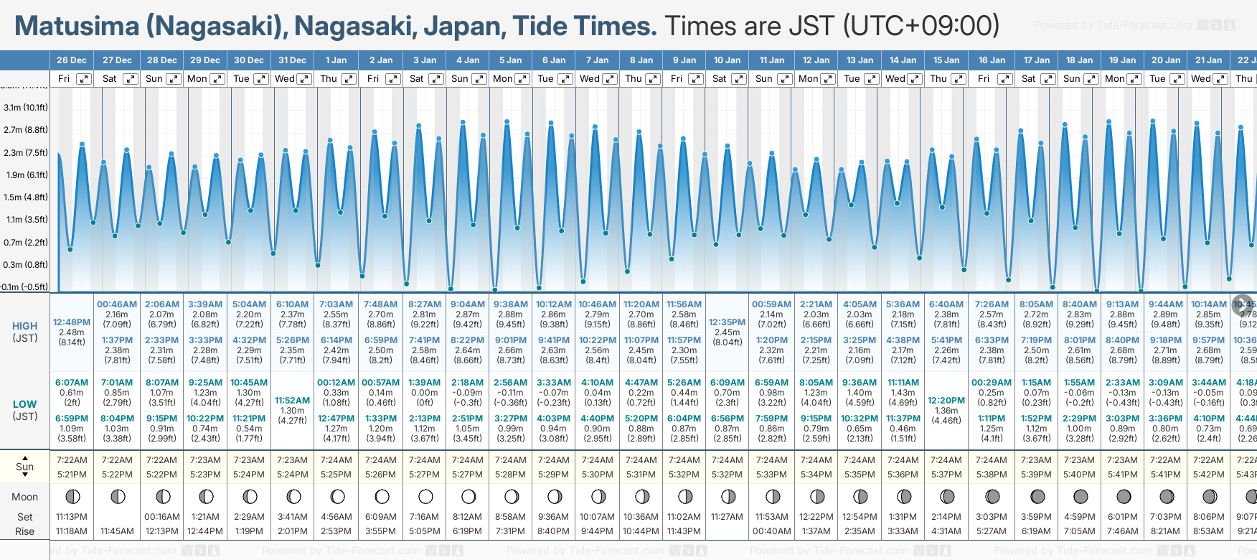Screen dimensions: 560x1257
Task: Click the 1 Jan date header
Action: [x=336, y=60]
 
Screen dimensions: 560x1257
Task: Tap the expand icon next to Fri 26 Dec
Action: [x=84, y=79]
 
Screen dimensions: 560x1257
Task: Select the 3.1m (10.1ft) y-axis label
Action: [x=26, y=108]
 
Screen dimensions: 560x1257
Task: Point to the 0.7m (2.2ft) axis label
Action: [x=26, y=243]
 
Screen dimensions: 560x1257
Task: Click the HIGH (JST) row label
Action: [x=25, y=332]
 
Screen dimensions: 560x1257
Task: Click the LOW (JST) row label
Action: [x=25, y=410]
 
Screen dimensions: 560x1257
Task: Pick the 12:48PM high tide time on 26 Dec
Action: [x=72, y=322]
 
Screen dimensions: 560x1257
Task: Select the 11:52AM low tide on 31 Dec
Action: [x=293, y=401]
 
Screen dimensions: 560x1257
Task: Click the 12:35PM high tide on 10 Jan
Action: [x=727, y=322]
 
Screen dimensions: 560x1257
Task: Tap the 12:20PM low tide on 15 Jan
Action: [x=946, y=401]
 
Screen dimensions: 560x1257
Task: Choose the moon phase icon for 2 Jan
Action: [x=382, y=496]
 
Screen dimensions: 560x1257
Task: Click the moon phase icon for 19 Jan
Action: [x=1124, y=496]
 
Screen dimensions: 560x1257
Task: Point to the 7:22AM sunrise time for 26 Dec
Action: [x=72, y=460]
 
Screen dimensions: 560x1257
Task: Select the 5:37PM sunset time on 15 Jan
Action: [x=946, y=475]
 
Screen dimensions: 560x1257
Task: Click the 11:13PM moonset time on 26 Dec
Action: [x=72, y=517]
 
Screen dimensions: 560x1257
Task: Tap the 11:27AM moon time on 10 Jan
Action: [x=727, y=517]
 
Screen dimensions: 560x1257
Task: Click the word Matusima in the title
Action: [x=77, y=27]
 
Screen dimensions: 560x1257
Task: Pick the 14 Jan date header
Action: [x=903, y=60]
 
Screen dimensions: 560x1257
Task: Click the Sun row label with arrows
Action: [x=25, y=467]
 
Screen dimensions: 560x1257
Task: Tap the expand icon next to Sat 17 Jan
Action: [x=1048, y=79]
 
